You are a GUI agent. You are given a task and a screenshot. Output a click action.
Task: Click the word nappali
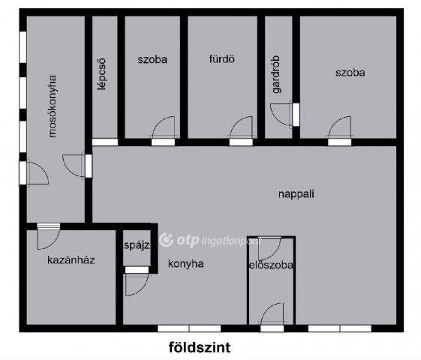[x=295, y=193]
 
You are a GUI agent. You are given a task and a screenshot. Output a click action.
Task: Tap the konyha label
[x=185, y=263]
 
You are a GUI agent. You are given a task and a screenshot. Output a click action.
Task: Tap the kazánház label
[x=70, y=260]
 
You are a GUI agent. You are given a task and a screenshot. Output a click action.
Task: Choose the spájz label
[x=138, y=244]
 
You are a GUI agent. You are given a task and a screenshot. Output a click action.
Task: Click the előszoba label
[x=270, y=265]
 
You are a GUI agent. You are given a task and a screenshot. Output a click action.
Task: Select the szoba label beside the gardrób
[x=350, y=73]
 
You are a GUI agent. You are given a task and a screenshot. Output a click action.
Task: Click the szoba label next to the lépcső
[x=152, y=58]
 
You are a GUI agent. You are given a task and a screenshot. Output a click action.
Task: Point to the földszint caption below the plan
[x=199, y=346]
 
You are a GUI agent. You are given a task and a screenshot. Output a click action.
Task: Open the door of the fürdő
[x=242, y=128]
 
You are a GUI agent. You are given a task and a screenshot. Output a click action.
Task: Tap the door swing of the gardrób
[x=281, y=112]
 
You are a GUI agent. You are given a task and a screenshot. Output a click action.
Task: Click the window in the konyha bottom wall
[x=188, y=328]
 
